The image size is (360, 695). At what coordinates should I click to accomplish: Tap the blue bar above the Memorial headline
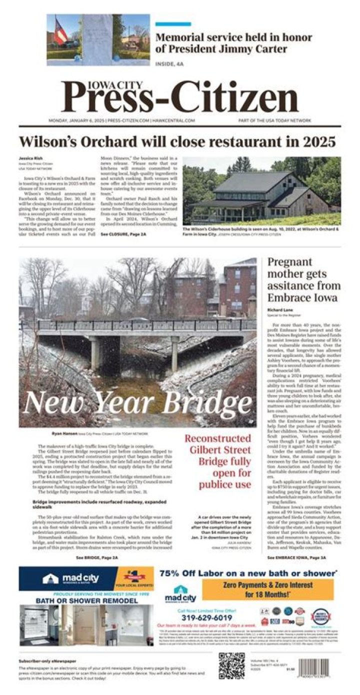click(x=173, y=24)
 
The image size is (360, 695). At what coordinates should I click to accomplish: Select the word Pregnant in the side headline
click(x=289, y=262)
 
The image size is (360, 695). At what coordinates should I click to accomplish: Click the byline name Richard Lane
click(x=280, y=310)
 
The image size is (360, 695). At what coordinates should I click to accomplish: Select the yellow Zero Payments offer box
click(x=267, y=589)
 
